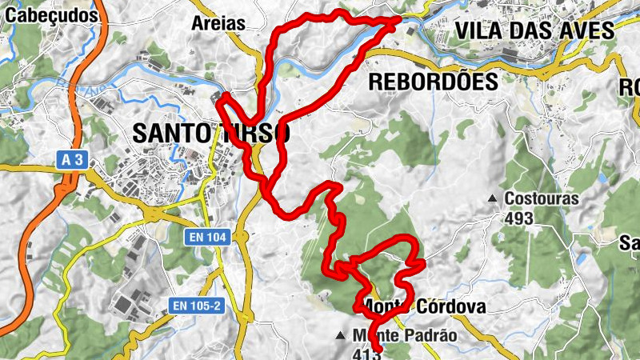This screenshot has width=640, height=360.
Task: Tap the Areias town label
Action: pos(218,23)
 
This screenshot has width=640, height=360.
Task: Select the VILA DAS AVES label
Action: pos(534,31)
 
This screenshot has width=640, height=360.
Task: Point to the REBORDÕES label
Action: pos(433,82)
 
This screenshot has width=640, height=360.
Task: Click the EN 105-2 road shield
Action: pos(200,306)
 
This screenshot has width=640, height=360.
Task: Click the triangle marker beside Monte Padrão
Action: pos(342,335)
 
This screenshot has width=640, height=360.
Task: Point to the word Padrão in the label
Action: pos(432,336)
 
